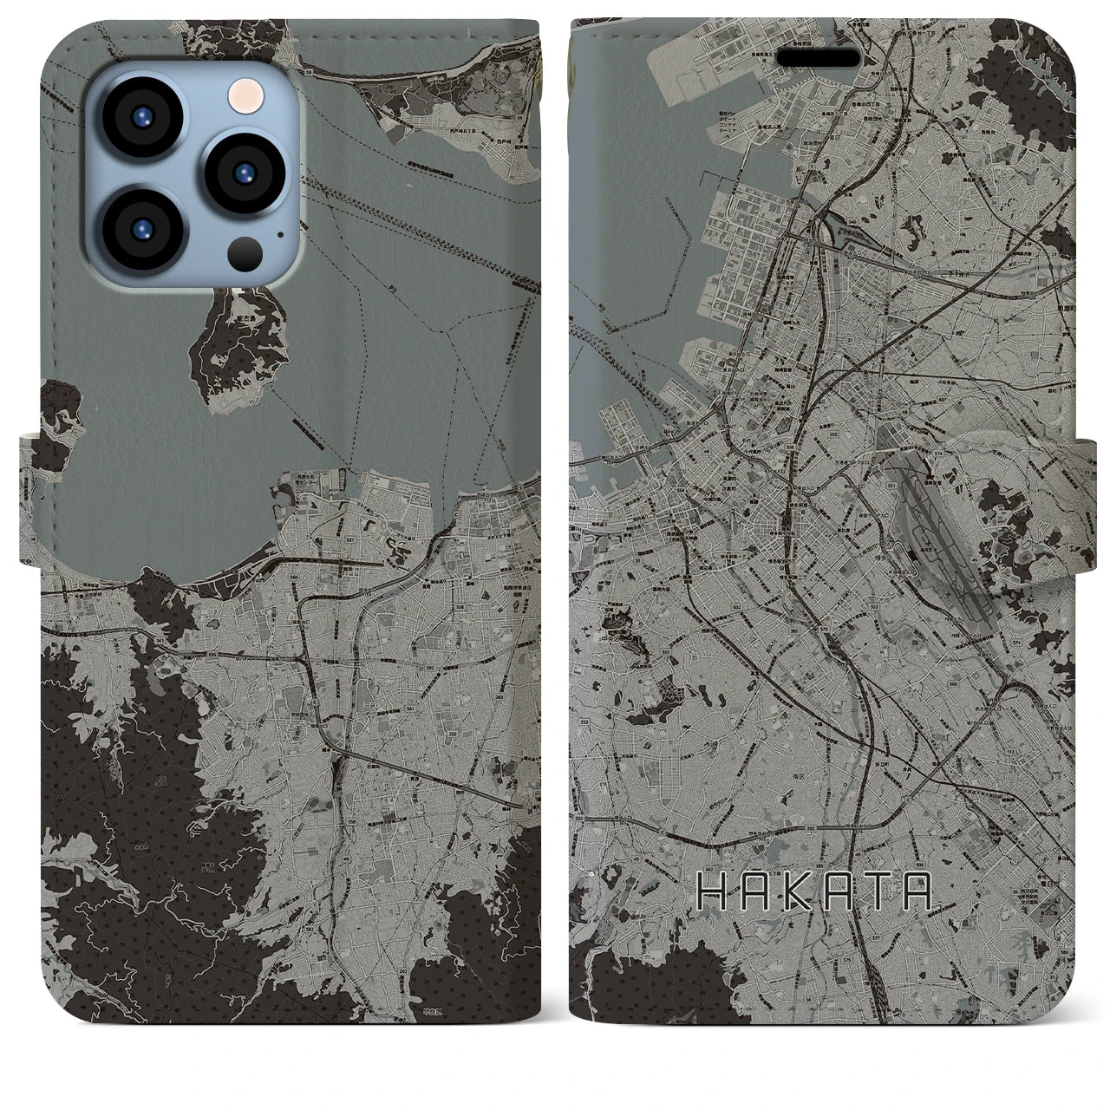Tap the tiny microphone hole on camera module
coord(279,232)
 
